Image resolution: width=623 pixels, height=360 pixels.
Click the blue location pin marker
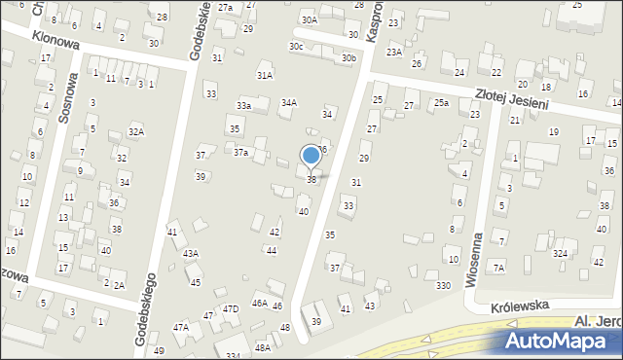(x=311, y=156)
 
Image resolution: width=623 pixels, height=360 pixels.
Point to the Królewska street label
(x=521, y=305)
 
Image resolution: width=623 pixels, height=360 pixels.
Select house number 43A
(x=191, y=253)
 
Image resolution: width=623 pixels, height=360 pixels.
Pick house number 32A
(x=136, y=131)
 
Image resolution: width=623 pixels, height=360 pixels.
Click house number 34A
(x=289, y=102)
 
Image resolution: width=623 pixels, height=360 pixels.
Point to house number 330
(x=443, y=285)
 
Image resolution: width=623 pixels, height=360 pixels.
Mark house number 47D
(x=231, y=308)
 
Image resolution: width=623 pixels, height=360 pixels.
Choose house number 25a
(x=442, y=102)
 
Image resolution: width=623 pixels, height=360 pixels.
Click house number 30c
(x=295, y=46)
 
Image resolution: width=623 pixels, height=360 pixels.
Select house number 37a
(x=240, y=152)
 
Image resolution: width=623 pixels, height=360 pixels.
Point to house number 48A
(x=262, y=347)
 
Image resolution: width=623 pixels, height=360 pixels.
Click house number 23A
(x=393, y=53)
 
